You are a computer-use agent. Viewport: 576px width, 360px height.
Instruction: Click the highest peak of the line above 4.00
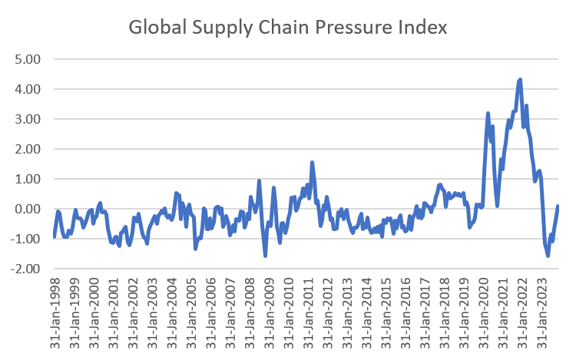[x=520, y=79]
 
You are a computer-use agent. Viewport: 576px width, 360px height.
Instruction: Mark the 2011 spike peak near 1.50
[x=313, y=163]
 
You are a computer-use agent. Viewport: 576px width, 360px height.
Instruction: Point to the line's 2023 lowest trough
[x=548, y=256]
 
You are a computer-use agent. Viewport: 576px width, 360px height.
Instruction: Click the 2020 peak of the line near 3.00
[x=488, y=114]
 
